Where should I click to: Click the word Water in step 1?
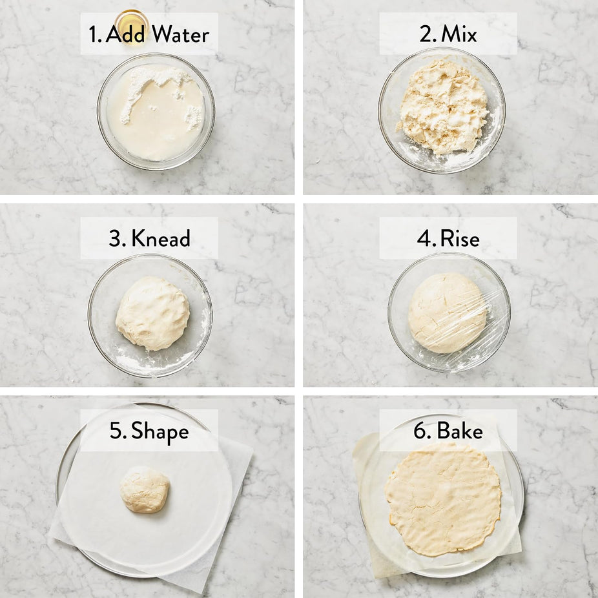click(180, 34)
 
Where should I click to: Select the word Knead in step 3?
click(161, 238)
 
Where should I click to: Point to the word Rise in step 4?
click(460, 239)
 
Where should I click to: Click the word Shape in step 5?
click(160, 432)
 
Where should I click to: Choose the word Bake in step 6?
click(460, 431)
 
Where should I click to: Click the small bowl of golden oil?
click(132, 25)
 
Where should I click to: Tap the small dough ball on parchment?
click(145, 490)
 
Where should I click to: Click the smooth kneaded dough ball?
click(152, 313)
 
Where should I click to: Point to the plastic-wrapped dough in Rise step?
click(448, 313)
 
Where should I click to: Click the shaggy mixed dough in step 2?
click(443, 108)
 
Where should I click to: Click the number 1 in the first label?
click(94, 34)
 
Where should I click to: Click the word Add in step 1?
click(125, 34)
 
